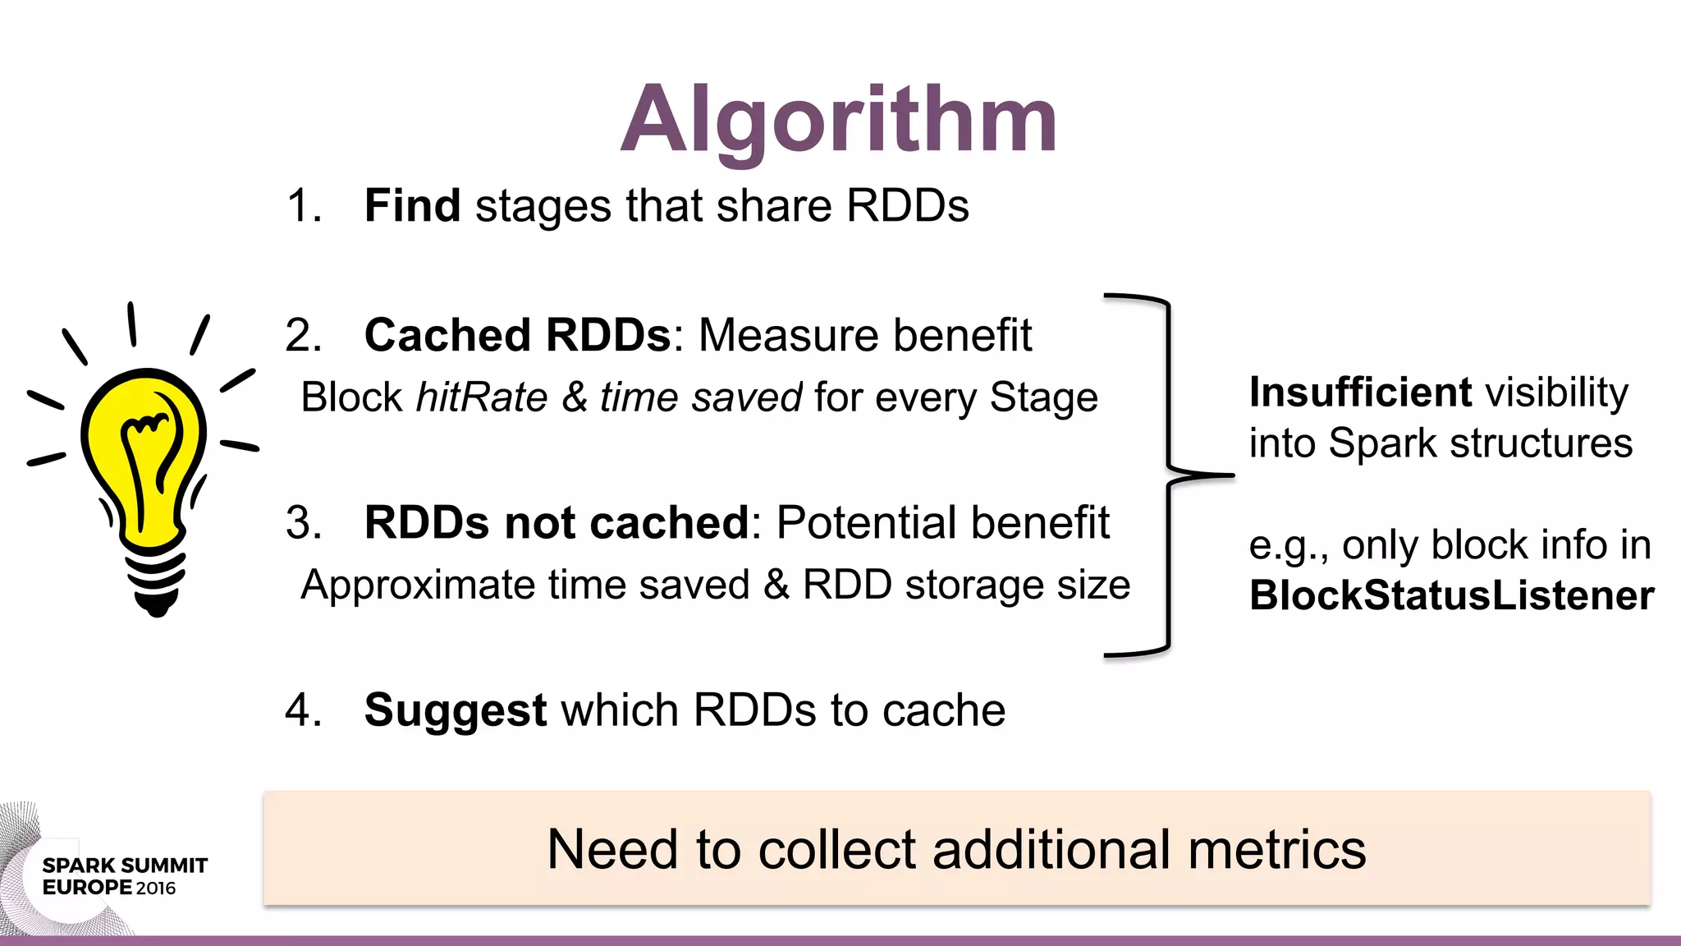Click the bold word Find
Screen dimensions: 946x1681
[x=412, y=205]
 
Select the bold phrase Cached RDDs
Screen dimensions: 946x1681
[x=517, y=335]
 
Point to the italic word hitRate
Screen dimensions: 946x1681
[x=482, y=397]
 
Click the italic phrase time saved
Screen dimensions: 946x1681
[x=701, y=397]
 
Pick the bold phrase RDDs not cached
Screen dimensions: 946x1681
[x=557, y=522]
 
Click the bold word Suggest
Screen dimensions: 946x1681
[x=456, y=710]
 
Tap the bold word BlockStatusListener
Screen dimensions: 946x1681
[x=1451, y=595]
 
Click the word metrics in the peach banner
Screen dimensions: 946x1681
[x=1276, y=849]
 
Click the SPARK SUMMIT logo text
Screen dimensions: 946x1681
[x=125, y=866]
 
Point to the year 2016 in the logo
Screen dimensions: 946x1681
[x=156, y=889]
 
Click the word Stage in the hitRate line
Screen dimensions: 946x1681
[x=1043, y=397]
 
